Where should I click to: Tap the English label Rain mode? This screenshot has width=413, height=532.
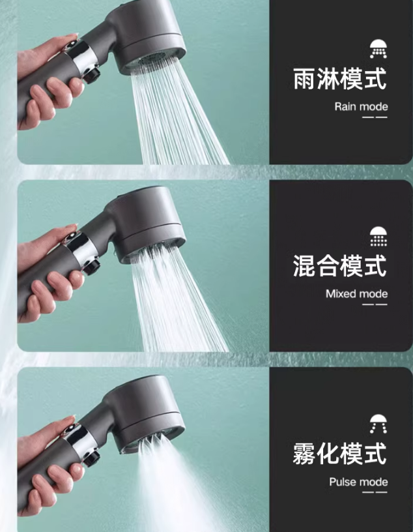361,107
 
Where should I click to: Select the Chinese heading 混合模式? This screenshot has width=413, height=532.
339,265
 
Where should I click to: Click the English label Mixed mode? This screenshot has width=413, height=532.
356,294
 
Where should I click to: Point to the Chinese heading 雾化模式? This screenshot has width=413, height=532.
339,453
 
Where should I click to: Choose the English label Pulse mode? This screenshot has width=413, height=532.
358,482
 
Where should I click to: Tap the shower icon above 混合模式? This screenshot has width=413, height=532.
378,236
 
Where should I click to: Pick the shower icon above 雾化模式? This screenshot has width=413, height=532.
378,424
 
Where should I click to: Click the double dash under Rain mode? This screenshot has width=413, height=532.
375,117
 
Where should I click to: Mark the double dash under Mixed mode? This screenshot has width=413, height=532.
375,304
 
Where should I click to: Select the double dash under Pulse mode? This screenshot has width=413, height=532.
375,492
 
